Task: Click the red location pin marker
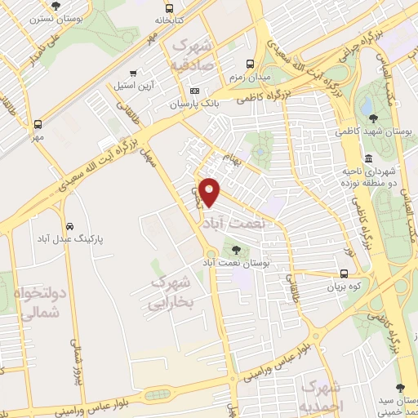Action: click(211, 190)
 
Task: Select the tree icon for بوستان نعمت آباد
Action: click(237, 250)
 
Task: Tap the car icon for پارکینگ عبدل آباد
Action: click(70, 225)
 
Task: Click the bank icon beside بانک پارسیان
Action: click(194, 91)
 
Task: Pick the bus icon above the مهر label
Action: click(38, 125)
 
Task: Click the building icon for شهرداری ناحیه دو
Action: click(369, 158)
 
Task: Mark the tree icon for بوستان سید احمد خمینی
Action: click(400, 388)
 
